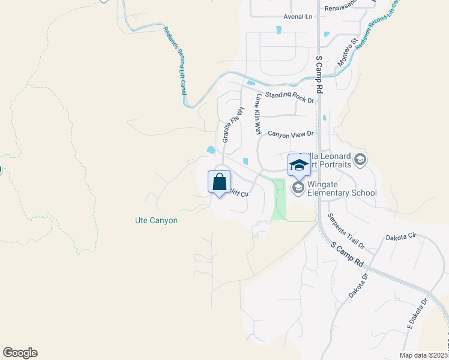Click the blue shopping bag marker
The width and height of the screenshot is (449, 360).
click(x=220, y=181)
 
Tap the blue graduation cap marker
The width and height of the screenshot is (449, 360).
click(x=298, y=164)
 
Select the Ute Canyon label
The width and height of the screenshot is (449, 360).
click(x=156, y=221)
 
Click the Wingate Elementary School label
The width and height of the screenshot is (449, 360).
click(x=342, y=188)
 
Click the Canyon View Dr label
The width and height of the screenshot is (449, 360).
click(x=291, y=134)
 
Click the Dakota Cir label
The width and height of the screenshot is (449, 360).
click(x=400, y=237)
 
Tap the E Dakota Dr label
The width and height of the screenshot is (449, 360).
click(x=418, y=313)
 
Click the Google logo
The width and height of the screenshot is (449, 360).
click(x=20, y=353)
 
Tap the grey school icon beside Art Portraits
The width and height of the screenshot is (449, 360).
click(x=360, y=159)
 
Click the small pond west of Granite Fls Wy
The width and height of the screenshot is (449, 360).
click(x=211, y=149)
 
